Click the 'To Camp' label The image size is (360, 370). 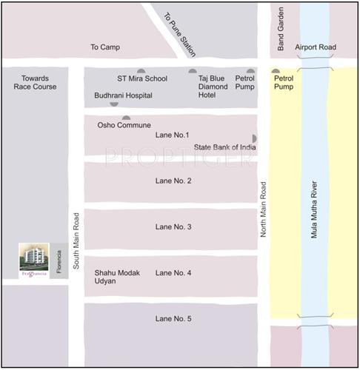point(105,47)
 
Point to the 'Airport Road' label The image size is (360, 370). point(316,47)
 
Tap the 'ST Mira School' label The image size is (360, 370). point(141,77)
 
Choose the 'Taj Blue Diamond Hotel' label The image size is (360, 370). point(213,87)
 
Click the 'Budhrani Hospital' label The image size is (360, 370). point(123,95)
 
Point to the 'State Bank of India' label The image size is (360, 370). point(225,147)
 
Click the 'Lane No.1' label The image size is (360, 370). point(173,135)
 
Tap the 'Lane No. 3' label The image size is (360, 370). point(173,227)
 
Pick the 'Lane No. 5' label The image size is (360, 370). point(173,318)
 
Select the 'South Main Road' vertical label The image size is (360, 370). point(76,239)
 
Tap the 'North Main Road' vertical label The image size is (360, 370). point(263,209)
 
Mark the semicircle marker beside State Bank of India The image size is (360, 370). point(254,138)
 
